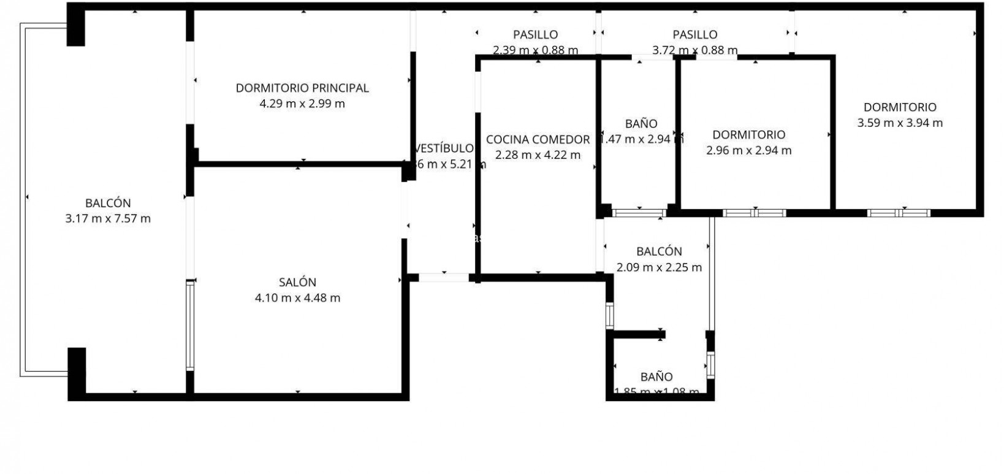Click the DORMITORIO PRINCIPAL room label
click(x=302, y=88)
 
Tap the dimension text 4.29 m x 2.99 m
click(x=302, y=104)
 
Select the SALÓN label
click(x=297, y=282)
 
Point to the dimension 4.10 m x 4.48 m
click(x=297, y=298)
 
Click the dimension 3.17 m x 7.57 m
click(x=108, y=218)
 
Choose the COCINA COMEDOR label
click(x=538, y=139)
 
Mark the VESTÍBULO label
click(x=444, y=148)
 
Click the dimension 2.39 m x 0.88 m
click(x=535, y=50)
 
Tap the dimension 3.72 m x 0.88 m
click(x=694, y=50)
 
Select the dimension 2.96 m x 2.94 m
click(x=748, y=150)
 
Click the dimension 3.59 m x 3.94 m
click(x=899, y=123)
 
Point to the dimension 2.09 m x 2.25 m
click(x=659, y=267)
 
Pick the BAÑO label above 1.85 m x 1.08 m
click(x=656, y=377)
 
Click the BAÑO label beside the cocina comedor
click(x=641, y=123)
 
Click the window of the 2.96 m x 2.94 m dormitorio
click(x=754, y=213)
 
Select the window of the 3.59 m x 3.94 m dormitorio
click(x=899, y=213)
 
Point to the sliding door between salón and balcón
click(x=190, y=325)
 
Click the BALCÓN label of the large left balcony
click(x=108, y=203)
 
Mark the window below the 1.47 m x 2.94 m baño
click(x=639, y=213)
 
